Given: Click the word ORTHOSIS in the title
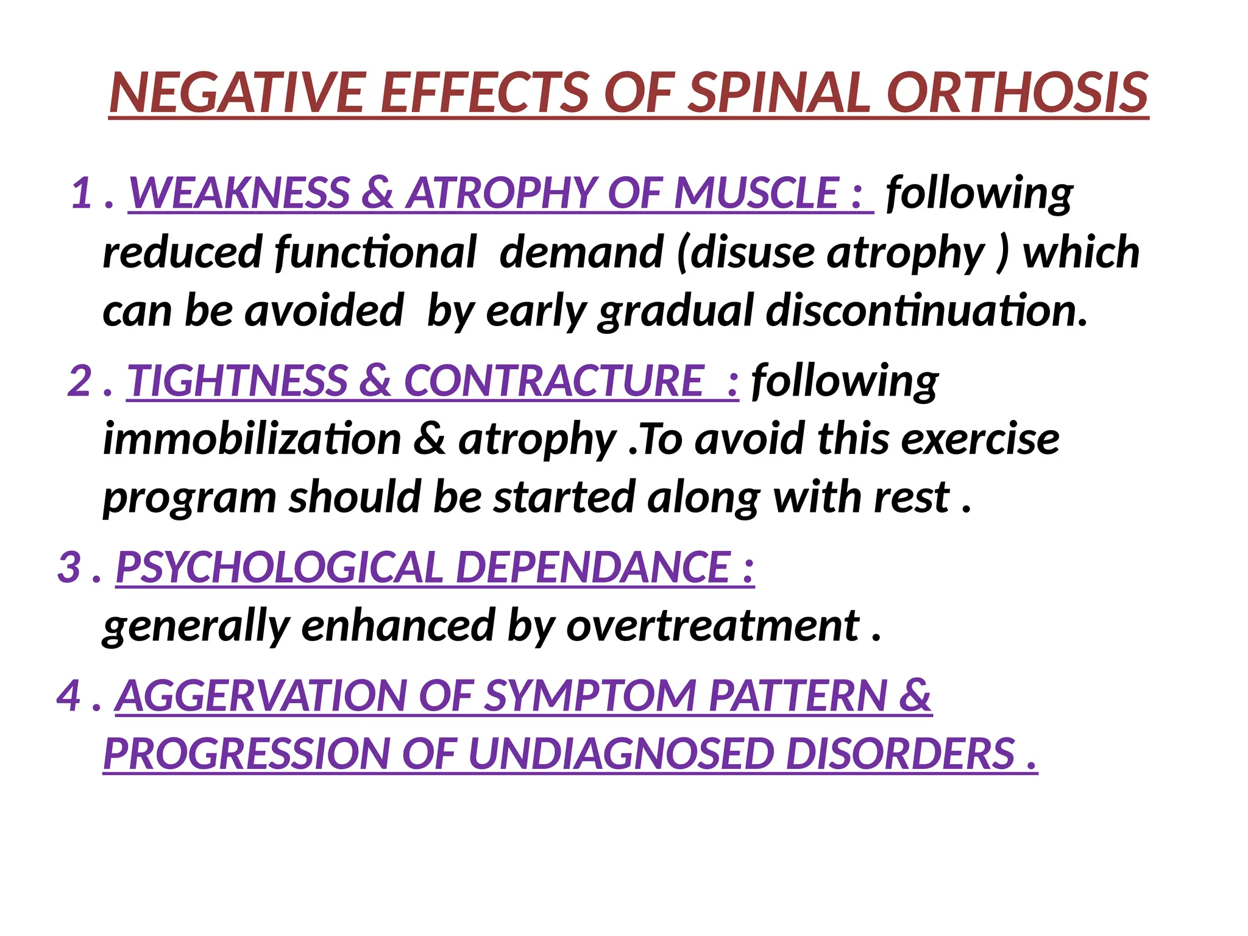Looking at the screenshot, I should (x=1017, y=93).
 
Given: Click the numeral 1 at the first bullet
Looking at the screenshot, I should (x=82, y=193).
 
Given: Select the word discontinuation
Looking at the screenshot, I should (x=926, y=310).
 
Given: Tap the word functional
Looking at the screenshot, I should (x=375, y=252).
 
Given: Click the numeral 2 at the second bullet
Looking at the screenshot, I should (x=79, y=381).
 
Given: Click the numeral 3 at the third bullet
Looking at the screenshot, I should (x=69, y=567).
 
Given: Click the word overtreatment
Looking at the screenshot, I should (x=712, y=626).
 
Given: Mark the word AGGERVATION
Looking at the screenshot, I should (x=262, y=695).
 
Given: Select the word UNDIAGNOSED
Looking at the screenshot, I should (x=621, y=754).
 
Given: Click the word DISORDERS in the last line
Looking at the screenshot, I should (x=899, y=754).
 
